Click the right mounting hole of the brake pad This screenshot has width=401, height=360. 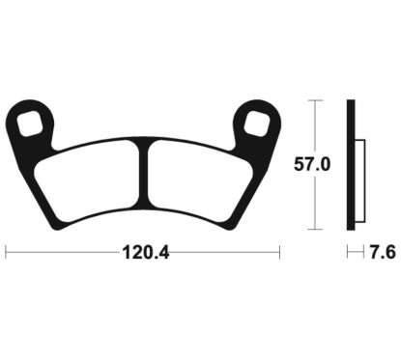click(x=257, y=123)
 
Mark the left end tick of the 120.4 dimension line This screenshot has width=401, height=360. click(x=7, y=254)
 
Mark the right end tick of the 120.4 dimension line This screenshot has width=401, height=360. click(x=277, y=254)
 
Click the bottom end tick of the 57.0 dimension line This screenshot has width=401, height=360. click(x=312, y=230)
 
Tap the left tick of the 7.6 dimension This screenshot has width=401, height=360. click(x=349, y=254)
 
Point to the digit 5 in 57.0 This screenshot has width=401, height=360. click(x=299, y=165)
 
